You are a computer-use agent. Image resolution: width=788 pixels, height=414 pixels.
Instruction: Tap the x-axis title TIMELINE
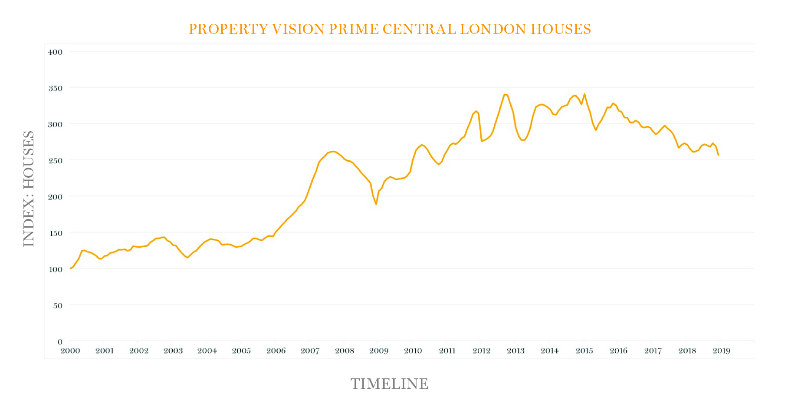click(x=389, y=384)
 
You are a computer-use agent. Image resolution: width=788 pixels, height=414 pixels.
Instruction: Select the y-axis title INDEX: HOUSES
click(x=29, y=189)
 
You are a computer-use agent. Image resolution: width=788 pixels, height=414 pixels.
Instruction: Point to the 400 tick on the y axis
click(x=55, y=52)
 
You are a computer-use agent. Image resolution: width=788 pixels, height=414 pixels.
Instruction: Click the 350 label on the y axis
click(x=55, y=88)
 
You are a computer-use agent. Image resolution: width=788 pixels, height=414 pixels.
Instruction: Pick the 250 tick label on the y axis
click(x=55, y=161)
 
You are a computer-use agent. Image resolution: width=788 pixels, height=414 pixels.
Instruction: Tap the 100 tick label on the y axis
click(x=55, y=269)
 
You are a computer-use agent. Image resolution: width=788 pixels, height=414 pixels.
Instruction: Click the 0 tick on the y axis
click(x=60, y=342)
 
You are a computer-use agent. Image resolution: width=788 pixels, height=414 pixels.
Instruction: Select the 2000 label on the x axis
click(x=70, y=351)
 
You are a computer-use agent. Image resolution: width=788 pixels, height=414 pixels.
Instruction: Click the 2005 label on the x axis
click(x=241, y=351)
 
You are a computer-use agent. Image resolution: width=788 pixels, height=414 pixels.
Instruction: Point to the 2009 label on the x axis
click(x=378, y=351)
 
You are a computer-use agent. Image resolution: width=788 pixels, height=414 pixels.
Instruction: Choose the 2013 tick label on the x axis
click(x=515, y=351)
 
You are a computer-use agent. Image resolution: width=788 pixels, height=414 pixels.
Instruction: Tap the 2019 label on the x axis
click(x=721, y=351)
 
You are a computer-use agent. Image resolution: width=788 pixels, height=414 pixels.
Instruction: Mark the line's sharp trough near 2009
click(x=376, y=204)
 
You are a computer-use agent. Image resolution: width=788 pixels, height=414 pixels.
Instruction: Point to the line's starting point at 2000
click(x=70, y=268)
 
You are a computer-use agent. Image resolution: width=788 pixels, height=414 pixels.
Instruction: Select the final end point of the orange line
click(x=718, y=155)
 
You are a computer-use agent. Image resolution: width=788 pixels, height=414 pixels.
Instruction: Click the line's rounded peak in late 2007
click(x=333, y=152)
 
